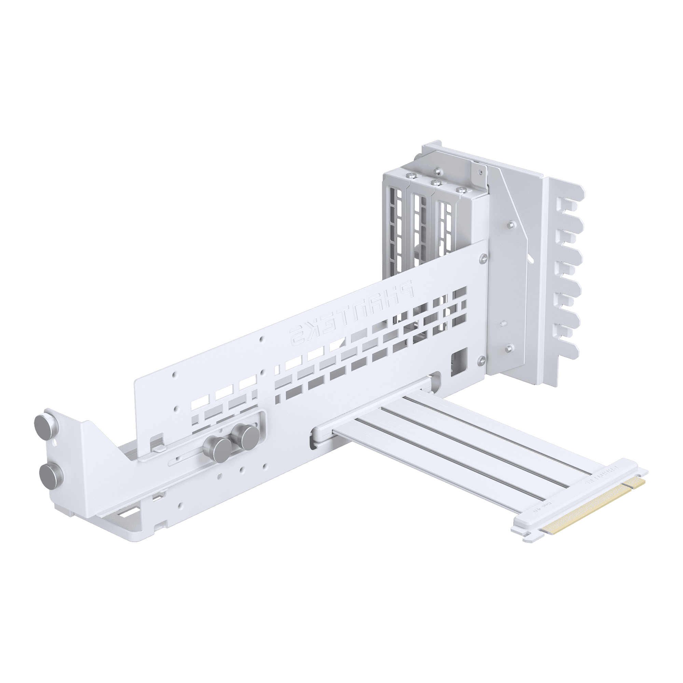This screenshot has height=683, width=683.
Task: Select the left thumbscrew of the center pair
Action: tap(216, 445)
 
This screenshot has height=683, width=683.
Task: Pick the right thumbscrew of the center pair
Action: tap(248, 435)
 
